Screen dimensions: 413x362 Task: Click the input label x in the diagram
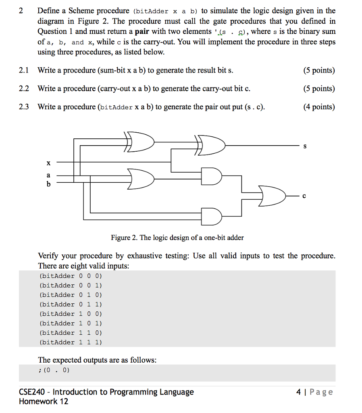coord(48,163)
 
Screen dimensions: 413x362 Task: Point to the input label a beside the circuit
coord(48,175)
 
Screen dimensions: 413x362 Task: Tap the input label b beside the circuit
coord(48,184)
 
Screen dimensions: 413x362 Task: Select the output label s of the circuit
coord(305,146)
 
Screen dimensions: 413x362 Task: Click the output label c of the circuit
coord(304,196)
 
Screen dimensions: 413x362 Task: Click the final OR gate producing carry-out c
coord(272,196)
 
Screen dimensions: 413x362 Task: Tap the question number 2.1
coord(24,71)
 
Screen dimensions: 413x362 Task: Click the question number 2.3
coord(24,107)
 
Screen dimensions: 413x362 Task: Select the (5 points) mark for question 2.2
coord(318,89)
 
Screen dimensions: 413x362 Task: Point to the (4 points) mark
coord(318,107)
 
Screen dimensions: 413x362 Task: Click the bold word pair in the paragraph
coord(142,31)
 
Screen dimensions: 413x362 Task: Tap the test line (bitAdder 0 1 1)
coord(71,305)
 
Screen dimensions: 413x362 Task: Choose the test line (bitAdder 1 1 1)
coord(71,342)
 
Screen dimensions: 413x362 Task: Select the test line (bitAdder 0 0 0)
coord(71,276)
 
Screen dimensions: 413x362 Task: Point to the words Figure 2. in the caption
coord(124,238)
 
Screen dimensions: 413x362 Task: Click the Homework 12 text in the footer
coord(44,401)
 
